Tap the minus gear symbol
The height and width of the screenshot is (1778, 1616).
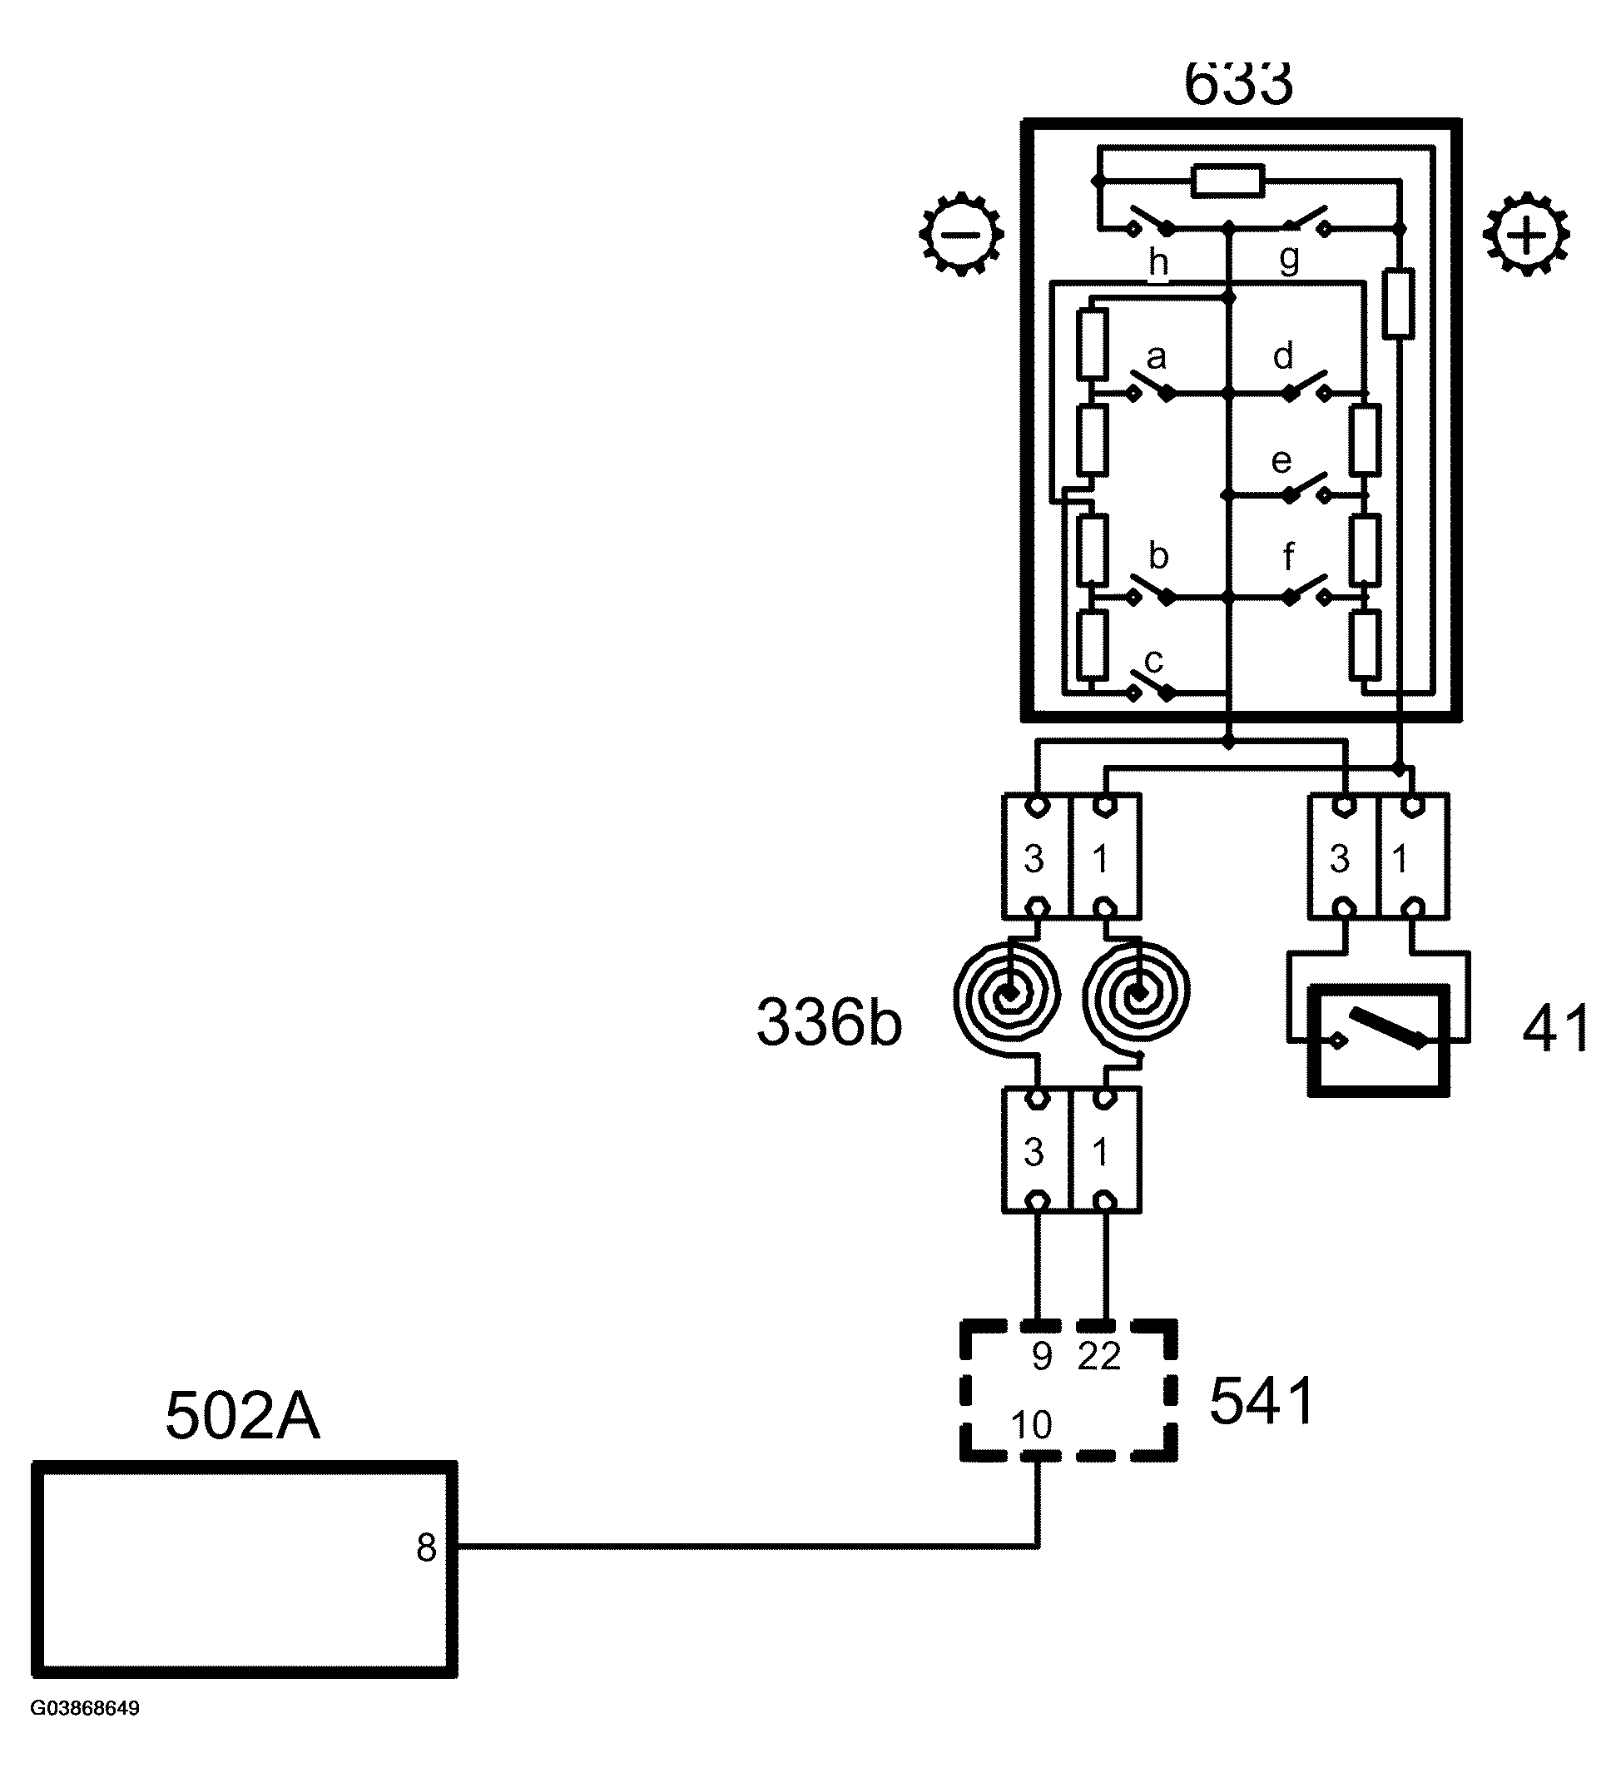click(x=960, y=234)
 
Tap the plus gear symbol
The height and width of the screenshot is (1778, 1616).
click(x=1526, y=235)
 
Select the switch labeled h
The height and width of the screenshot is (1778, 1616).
click(x=1150, y=221)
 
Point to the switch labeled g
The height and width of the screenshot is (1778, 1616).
click(x=1306, y=221)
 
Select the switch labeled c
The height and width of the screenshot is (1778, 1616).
click(x=1150, y=687)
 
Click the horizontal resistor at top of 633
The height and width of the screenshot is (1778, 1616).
click(x=1227, y=181)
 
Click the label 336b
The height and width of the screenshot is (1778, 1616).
click(x=829, y=1023)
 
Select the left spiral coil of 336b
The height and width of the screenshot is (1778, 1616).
click(x=1007, y=995)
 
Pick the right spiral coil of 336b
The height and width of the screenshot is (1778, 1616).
click(x=1138, y=995)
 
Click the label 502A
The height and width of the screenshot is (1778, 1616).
click(x=242, y=1417)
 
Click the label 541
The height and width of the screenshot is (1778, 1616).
click(x=1262, y=1402)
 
